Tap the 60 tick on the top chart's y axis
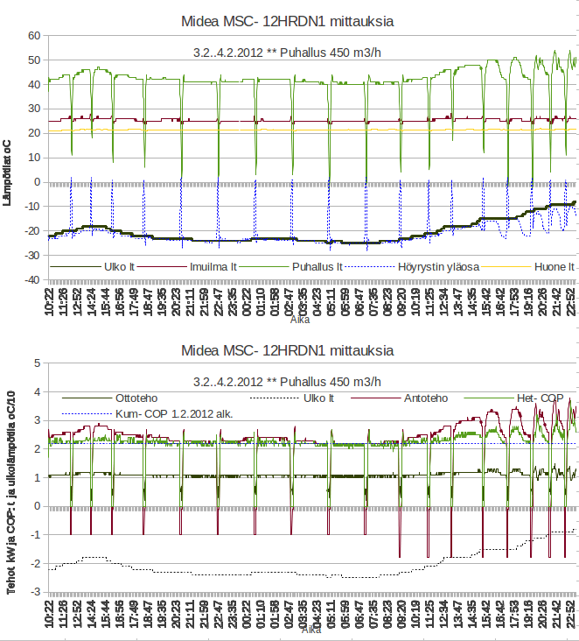pos(35,36)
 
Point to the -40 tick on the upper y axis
pos(32,280)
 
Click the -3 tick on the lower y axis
pos(36,592)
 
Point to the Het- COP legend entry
pos(541,398)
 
